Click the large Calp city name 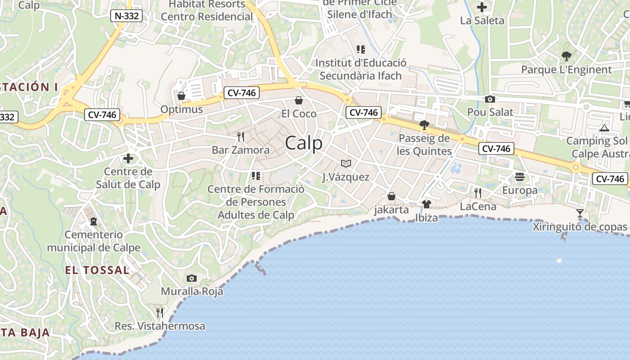click(x=304, y=143)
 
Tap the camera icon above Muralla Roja click(x=192, y=278)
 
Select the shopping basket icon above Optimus click(x=181, y=96)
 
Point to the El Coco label click(x=299, y=113)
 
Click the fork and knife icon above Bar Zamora click(x=241, y=136)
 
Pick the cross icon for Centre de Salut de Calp click(x=128, y=158)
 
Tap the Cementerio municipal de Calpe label click(x=94, y=241)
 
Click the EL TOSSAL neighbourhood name click(x=97, y=270)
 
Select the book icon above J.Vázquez click(x=346, y=163)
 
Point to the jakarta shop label click(x=391, y=210)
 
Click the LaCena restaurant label click(x=478, y=207)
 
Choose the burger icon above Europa click(x=520, y=177)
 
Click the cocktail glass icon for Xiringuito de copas click(x=580, y=213)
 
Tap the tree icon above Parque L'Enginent click(x=566, y=56)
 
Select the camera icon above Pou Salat click(x=490, y=99)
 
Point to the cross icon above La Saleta click(x=482, y=7)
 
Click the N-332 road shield click(x=126, y=16)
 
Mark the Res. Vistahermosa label click(x=160, y=326)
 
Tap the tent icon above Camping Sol click(x=604, y=128)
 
